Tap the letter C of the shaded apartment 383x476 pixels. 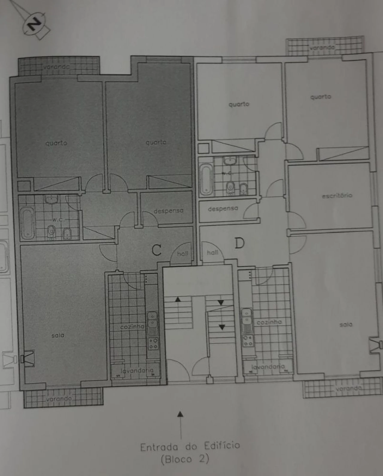pyautogui.click(x=156, y=250)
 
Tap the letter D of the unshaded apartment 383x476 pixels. pyautogui.click(x=239, y=243)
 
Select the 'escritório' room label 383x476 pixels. pyautogui.click(x=337, y=196)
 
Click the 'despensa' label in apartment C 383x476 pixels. pyautogui.click(x=168, y=211)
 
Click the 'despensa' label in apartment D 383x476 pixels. pyautogui.click(x=223, y=208)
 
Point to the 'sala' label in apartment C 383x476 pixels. pyautogui.click(x=58, y=335)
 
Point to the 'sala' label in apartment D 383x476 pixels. pyautogui.click(x=346, y=325)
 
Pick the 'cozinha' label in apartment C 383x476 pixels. pyautogui.click(x=132, y=327)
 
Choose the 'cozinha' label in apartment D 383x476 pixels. pyautogui.click(x=269, y=322)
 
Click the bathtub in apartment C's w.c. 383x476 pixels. pyautogui.click(x=27, y=223)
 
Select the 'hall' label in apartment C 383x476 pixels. pyautogui.click(x=182, y=254)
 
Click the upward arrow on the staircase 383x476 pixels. pyautogui.click(x=178, y=299)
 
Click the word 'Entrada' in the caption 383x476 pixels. pyautogui.click(x=159, y=447)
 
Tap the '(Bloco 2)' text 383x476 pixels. pyautogui.click(x=185, y=459)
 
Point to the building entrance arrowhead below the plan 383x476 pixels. pyautogui.click(x=180, y=414)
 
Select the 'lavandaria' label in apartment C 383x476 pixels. pyautogui.click(x=137, y=371)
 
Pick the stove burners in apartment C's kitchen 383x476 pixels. pyautogui.click(x=153, y=343)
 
